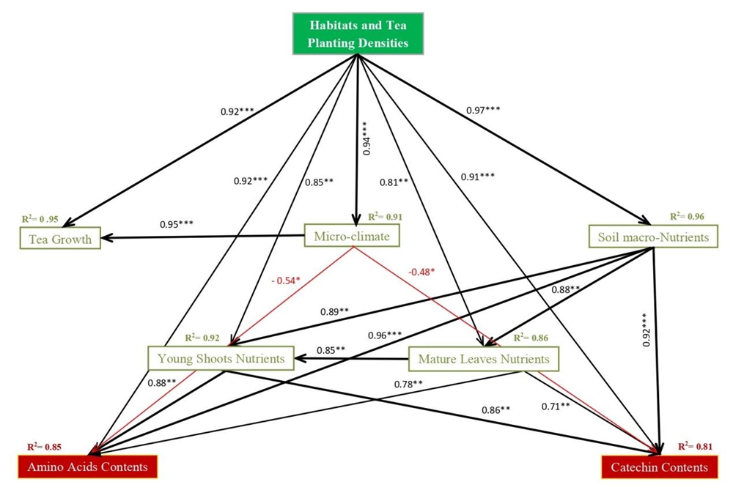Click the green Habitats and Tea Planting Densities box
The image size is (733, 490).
coord(358,34)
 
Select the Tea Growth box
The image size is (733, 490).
coord(61,239)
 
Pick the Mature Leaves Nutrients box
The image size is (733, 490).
coord(484,359)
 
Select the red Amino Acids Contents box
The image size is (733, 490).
coord(87,467)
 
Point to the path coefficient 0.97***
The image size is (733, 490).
coord(484,111)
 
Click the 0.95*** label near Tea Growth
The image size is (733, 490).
coord(178,224)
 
